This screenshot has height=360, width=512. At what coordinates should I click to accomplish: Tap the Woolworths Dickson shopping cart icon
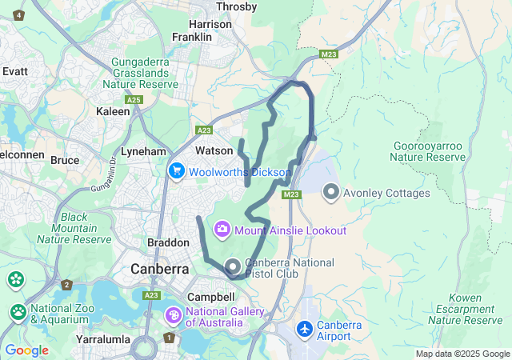pos(176,171)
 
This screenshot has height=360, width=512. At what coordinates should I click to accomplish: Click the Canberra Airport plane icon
pos(305,330)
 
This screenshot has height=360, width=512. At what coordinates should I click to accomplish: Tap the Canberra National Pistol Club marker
pos(233,266)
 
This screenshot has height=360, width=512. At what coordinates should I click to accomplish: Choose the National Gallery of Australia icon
pos(174,316)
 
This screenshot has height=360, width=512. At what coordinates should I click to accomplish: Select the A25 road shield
pos(134,100)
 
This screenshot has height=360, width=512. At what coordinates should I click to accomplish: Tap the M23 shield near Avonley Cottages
pos(290,194)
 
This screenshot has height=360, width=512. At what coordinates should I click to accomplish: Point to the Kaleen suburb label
pos(113,112)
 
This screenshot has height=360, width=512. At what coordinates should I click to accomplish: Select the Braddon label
pos(167,242)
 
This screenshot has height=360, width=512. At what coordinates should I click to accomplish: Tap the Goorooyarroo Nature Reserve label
pos(430,152)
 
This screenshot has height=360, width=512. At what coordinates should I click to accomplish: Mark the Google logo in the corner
pos(26,350)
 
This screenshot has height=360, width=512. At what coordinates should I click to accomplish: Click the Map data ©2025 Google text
pos(462,354)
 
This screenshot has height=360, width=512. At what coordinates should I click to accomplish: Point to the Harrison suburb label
pos(211,25)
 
